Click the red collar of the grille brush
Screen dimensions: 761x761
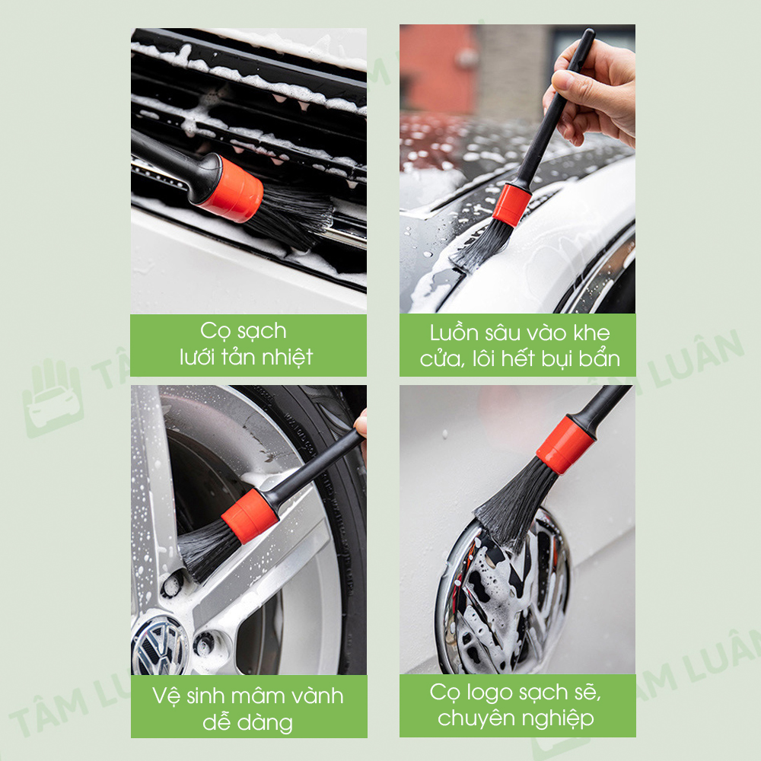pyautogui.click(x=232, y=190)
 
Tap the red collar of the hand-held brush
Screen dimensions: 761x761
pyautogui.click(x=511, y=205)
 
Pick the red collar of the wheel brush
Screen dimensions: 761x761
pyautogui.click(x=250, y=516)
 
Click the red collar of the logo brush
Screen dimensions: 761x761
pyautogui.click(x=565, y=444)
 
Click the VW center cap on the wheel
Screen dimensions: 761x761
pyautogui.click(x=158, y=646)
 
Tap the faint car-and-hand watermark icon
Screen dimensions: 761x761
pyautogui.click(x=53, y=398)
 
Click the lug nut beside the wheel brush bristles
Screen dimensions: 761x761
pyautogui.click(x=172, y=584)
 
